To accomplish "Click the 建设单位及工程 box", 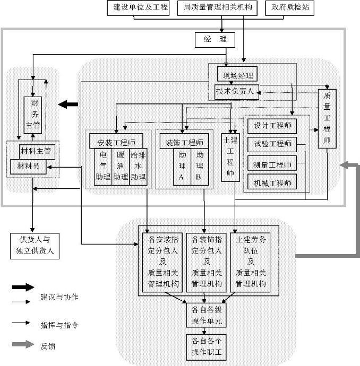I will (137, 8).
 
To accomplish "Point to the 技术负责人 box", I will (237, 92).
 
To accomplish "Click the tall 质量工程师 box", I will (327, 119).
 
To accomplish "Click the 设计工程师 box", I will (272, 127).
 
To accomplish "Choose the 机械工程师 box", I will (272, 184).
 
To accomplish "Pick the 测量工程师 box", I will (272, 164).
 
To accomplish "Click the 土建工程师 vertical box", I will (230, 157).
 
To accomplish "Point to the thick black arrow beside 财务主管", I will (67, 104).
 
